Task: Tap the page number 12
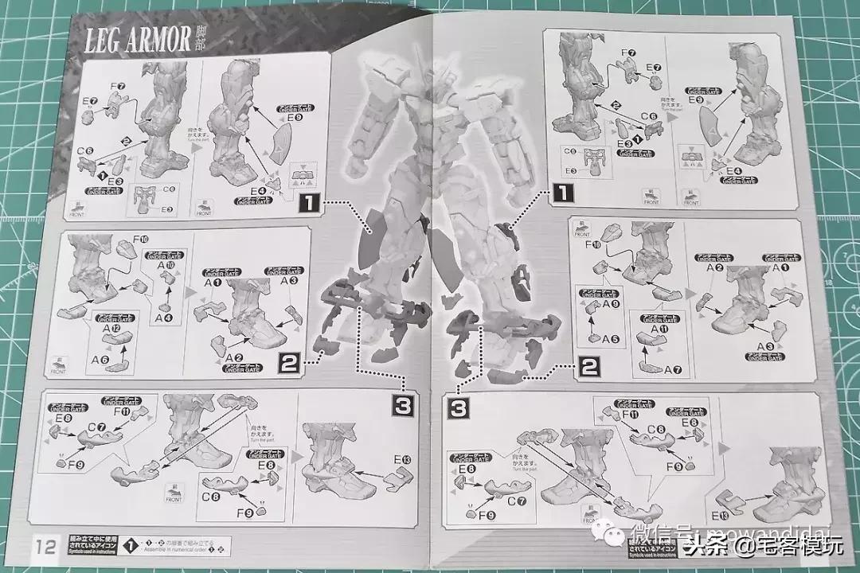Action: (x=45, y=546)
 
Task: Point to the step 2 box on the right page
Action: (x=589, y=367)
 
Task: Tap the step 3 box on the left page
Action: (x=403, y=405)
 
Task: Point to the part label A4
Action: (x=164, y=318)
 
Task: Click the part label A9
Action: (x=611, y=302)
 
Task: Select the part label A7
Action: (x=674, y=369)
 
